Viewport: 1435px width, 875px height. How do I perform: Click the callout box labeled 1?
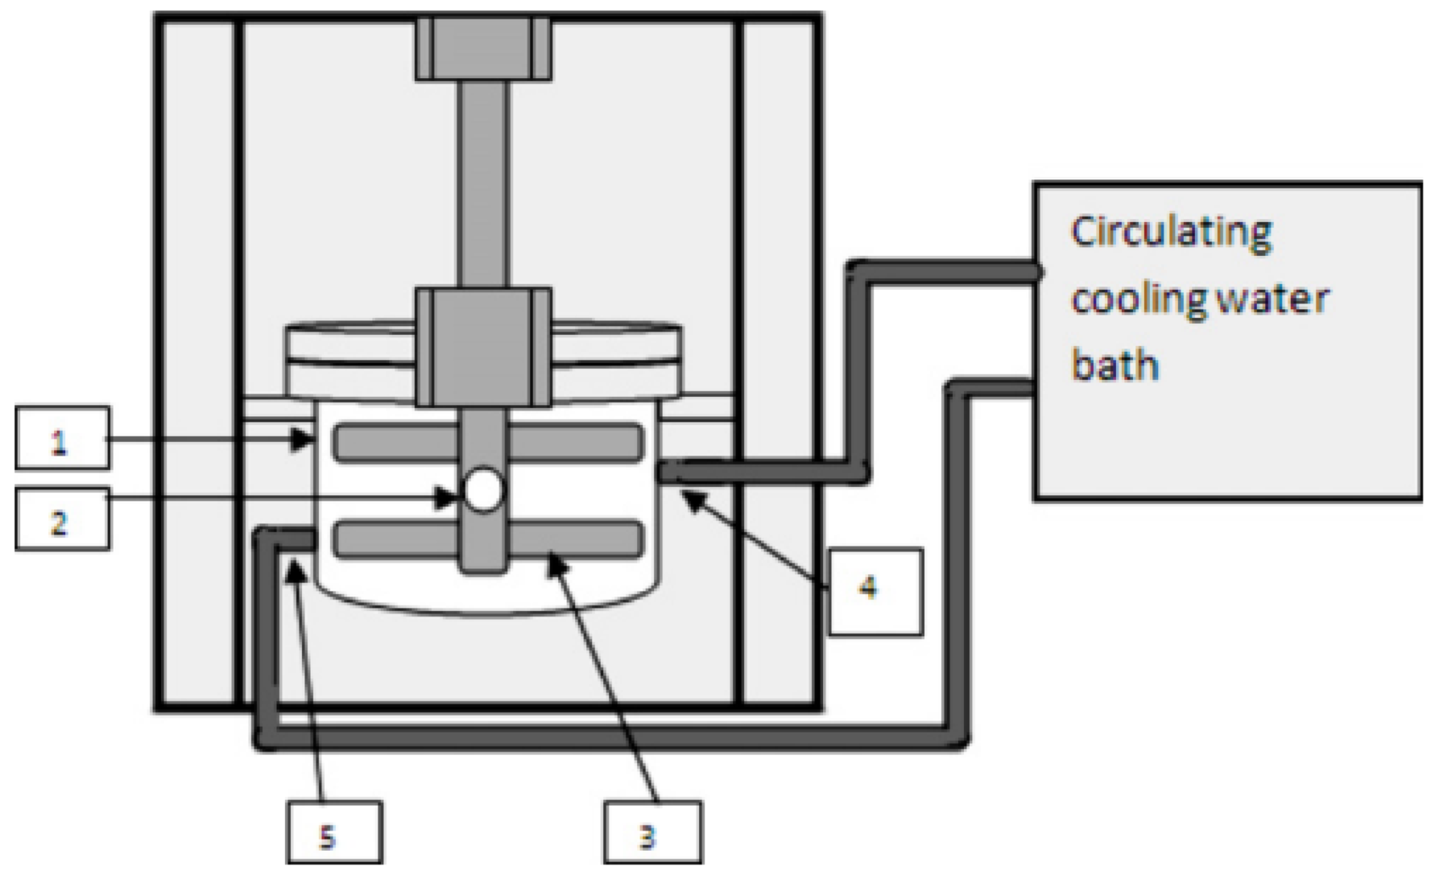tap(62, 438)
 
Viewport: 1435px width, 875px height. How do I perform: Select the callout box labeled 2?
tap(62, 519)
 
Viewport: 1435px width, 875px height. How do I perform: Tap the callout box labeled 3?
tap(652, 832)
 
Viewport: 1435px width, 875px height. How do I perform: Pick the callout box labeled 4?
tap(875, 592)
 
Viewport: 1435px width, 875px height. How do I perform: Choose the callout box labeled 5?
tap(334, 832)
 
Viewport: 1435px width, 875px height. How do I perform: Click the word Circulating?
tap(1171, 233)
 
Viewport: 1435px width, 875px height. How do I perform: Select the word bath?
tap(1115, 365)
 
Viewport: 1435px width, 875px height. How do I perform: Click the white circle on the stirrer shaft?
tap(483, 490)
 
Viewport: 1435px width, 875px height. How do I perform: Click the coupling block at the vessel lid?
tap(483, 346)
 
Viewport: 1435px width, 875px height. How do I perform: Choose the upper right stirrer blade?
tap(575, 443)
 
